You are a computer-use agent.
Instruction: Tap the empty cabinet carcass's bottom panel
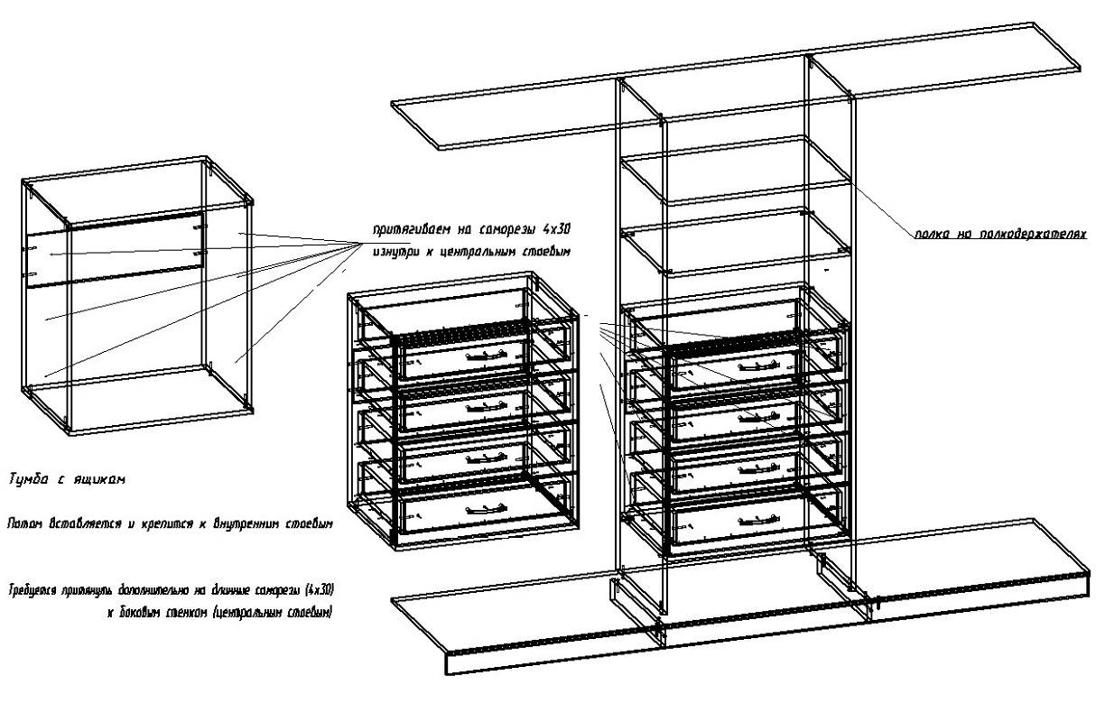pyautogui.click(x=135, y=397)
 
